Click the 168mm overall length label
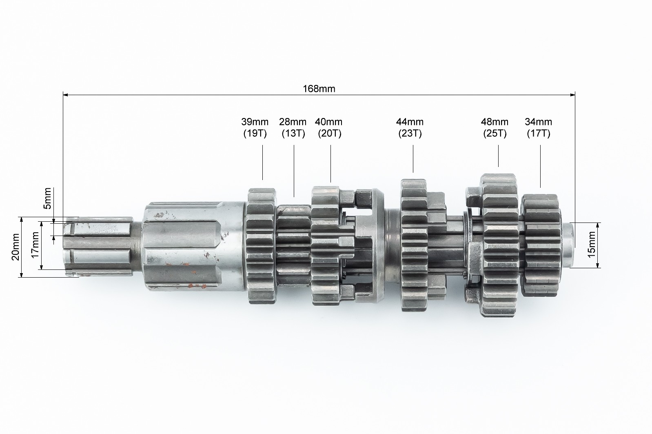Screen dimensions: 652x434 [319, 89]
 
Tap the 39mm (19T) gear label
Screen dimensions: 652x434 [255, 127]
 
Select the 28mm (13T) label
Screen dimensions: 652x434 [293, 127]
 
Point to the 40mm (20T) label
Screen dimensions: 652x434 [329, 127]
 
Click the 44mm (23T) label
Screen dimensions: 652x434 [410, 127]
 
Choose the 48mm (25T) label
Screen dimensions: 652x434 [495, 127]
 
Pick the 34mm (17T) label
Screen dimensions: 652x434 [539, 127]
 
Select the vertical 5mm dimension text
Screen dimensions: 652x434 [47, 199]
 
